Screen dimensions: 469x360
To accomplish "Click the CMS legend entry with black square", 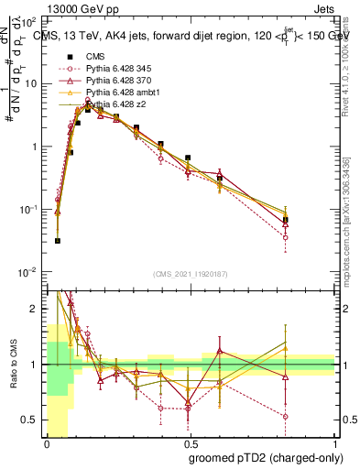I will point(95,56).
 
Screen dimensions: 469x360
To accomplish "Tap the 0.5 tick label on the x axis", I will point(191,443).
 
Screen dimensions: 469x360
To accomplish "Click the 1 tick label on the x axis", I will point(334,443).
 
